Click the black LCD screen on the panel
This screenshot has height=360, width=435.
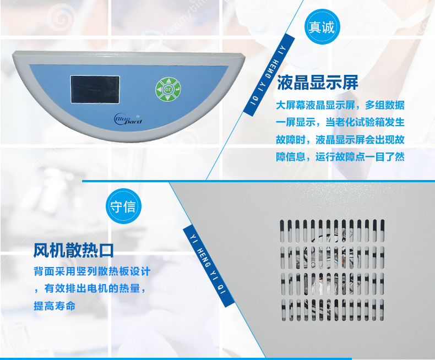point(95,89)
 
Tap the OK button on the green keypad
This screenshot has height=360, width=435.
point(168,89)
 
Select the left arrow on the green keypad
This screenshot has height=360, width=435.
point(159,90)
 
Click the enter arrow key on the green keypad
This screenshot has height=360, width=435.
point(177,89)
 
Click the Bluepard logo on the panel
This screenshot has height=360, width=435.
point(128,119)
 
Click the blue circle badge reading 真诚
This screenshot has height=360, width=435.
point(322,27)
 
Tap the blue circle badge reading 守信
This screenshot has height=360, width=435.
point(123,206)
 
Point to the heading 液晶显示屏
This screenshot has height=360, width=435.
point(317,83)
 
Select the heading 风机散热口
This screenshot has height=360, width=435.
point(74,250)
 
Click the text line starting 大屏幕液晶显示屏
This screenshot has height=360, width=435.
point(340,105)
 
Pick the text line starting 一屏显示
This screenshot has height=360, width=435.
point(340,122)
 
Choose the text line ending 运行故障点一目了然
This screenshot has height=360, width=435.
point(340,157)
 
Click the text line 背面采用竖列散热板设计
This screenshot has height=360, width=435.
point(92,271)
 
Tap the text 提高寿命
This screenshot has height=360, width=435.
point(55,306)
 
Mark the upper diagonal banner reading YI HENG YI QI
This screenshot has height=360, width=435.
point(269,75)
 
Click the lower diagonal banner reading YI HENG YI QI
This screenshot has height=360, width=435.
point(209,266)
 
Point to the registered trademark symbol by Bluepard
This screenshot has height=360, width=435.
point(138,117)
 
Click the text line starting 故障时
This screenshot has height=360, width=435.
point(340,140)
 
